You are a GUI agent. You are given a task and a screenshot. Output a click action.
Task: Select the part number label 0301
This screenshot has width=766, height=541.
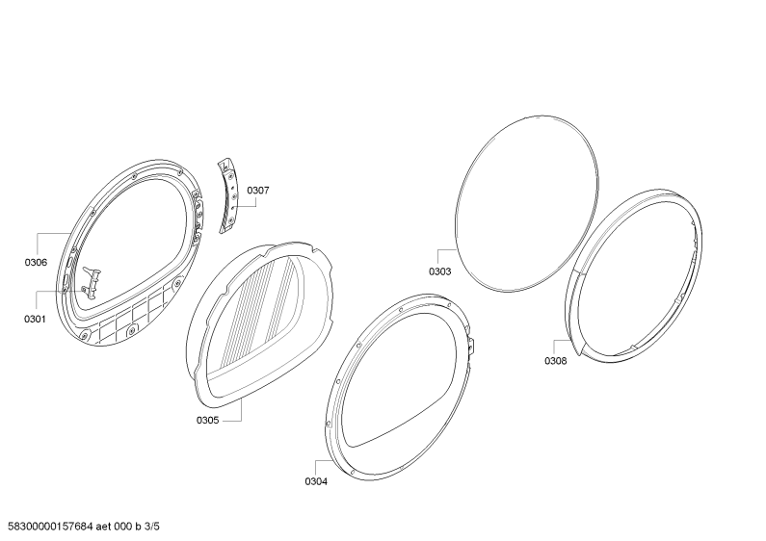(x=35, y=319)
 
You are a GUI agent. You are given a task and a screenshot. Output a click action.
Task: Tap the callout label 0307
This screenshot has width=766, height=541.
(x=257, y=191)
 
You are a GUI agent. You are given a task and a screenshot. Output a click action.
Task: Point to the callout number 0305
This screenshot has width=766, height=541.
(x=207, y=420)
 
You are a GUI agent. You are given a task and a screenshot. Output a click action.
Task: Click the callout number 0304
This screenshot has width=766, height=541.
(x=316, y=481)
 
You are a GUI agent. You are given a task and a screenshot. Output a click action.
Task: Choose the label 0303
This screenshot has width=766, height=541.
(x=440, y=271)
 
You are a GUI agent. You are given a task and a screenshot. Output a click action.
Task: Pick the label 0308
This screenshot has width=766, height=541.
(x=555, y=361)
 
